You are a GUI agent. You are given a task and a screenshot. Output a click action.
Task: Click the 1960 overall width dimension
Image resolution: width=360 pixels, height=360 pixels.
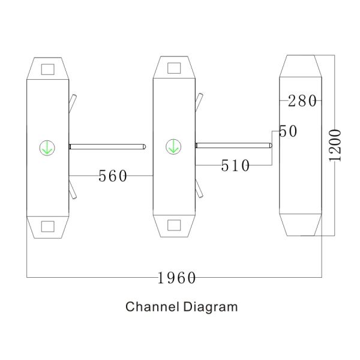click(176, 278)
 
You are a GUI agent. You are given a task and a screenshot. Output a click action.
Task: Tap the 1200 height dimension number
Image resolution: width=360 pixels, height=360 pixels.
click(335, 146)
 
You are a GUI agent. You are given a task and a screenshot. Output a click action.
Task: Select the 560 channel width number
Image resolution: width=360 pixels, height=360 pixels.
click(113, 176)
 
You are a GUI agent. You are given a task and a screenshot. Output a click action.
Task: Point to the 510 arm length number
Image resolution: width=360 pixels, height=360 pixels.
click(235, 166)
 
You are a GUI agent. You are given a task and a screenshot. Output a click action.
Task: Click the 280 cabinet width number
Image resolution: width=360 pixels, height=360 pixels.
click(302, 101)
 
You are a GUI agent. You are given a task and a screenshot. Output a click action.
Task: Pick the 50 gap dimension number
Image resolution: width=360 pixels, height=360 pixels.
click(288, 131)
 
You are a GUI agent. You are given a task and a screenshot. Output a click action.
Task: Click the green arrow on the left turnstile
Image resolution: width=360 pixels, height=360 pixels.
click(47, 148)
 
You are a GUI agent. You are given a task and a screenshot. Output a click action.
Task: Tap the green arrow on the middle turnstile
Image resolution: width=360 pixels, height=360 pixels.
click(173, 146)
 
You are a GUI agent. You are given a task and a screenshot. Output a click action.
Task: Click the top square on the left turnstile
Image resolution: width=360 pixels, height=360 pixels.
click(48, 70)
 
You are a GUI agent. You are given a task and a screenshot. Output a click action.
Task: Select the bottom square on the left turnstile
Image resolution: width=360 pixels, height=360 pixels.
click(48, 227)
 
